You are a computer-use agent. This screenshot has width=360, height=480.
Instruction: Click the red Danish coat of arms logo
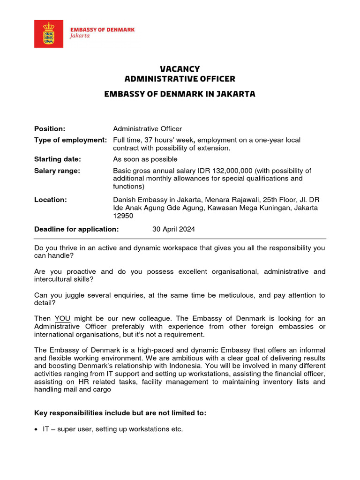(49, 34)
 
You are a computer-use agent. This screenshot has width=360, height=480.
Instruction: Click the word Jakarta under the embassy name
(80, 36)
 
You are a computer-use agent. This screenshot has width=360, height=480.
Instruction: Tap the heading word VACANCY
(180, 69)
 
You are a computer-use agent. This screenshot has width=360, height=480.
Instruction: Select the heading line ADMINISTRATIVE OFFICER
(180, 79)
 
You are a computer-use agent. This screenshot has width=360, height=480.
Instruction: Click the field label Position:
(50, 129)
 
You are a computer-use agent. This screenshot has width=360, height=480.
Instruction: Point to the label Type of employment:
(70, 140)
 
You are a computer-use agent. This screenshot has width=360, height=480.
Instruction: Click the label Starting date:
(58, 159)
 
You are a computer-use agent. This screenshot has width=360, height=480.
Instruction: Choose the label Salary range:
(57, 171)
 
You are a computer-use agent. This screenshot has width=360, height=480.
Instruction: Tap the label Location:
(51, 200)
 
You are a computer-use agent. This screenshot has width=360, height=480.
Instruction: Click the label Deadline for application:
(76, 229)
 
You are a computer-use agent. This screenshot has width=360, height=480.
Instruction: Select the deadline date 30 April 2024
(173, 229)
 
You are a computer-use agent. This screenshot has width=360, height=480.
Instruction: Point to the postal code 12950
(123, 216)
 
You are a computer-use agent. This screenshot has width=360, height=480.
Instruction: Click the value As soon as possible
(145, 159)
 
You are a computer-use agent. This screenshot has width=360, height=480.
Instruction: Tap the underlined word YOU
(62, 319)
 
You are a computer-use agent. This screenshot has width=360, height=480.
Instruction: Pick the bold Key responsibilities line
(120, 413)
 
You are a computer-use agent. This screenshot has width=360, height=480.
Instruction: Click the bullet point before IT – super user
(37, 429)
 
